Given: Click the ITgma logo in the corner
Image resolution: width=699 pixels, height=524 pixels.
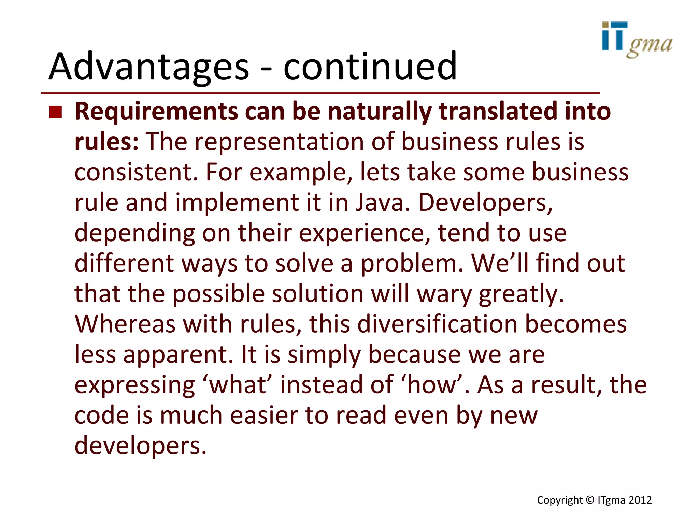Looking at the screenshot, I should [637, 40].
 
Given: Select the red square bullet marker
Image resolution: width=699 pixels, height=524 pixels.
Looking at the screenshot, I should [56, 112].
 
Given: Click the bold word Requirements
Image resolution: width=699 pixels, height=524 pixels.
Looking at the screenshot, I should [156, 112].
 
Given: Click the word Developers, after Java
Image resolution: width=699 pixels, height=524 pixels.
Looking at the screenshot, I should [485, 202].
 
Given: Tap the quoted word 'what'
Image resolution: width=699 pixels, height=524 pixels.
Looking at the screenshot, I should [238, 385].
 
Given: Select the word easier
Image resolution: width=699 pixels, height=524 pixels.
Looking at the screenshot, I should [263, 415].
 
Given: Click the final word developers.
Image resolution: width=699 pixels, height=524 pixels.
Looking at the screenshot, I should [140, 446].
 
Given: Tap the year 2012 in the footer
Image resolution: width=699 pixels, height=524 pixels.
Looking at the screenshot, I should [640, 500].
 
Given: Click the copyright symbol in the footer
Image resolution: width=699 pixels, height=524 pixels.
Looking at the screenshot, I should [590, 500].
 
